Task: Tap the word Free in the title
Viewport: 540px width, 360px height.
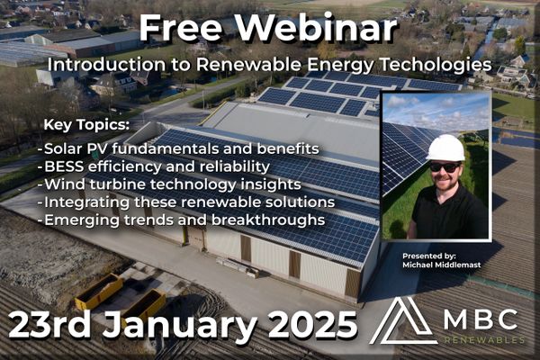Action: click(181, 29)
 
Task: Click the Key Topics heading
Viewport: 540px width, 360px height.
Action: click(86, 125)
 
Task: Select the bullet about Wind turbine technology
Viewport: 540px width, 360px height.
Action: click(169, 184)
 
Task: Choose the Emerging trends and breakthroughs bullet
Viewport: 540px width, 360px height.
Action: click(182, 220)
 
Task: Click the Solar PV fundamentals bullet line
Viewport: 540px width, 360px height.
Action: click(178, 148)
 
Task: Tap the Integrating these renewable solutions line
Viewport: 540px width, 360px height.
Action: click(186, 202)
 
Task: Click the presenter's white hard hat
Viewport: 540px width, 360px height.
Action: click(445, 148)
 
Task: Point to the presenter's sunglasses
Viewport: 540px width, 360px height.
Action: click(445, 167)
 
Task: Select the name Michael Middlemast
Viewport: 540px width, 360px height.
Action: click(442, 265)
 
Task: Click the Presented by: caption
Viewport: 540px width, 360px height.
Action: click(429, 256)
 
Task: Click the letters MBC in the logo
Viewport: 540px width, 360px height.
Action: click(481, 320)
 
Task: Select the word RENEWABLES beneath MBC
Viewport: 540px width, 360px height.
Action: click(483, 340)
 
